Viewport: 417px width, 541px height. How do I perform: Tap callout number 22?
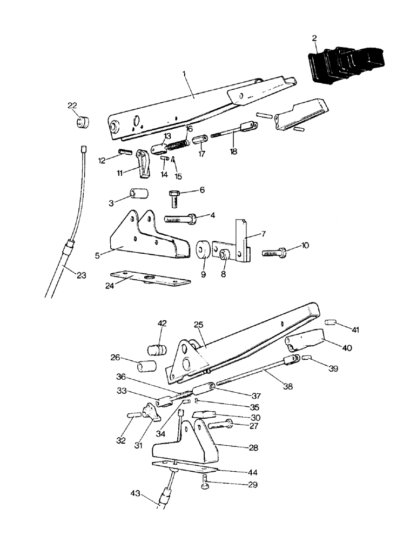click(72, 105)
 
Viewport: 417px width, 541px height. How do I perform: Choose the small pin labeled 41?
click(331, 323)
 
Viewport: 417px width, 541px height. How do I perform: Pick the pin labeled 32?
click(135, 415)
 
